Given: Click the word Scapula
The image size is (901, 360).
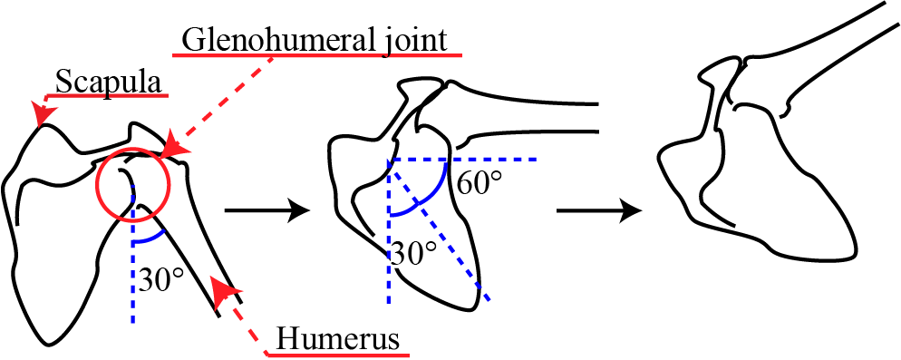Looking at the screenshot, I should tap(109, 82).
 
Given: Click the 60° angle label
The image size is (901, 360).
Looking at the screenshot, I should tap(478, 184).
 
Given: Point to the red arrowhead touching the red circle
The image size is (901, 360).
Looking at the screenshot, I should tap(174, 147).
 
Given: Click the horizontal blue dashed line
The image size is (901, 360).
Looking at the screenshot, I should tap(489, 159).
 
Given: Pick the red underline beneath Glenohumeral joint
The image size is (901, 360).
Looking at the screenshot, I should tap(317, 54).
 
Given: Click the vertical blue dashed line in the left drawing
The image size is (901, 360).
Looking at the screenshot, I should tap(133, 290).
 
